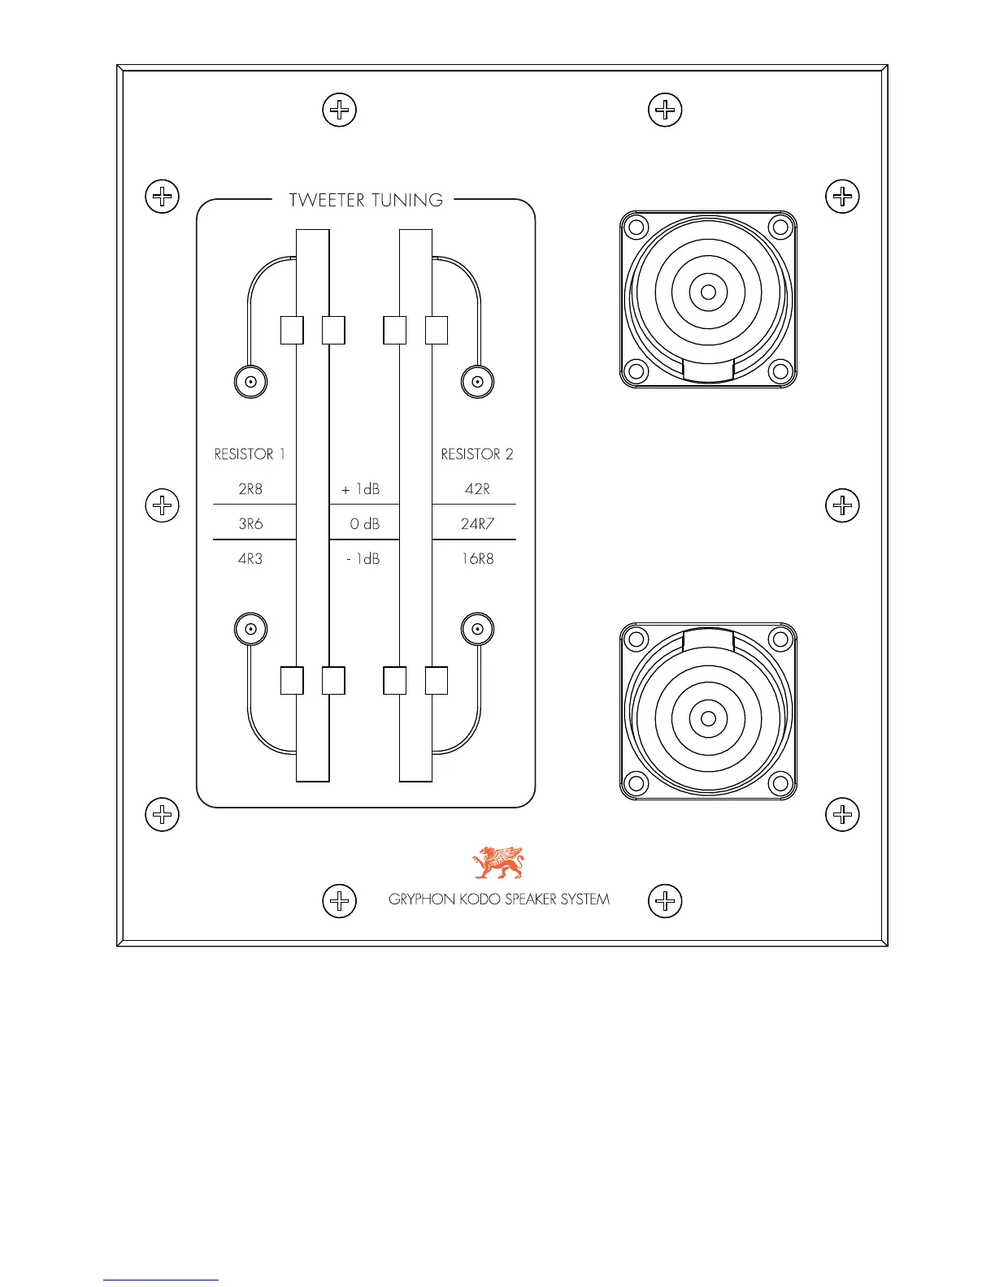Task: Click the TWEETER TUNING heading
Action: (366, 200)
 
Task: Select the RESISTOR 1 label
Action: (250, 454)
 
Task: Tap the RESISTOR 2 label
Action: (477, 454)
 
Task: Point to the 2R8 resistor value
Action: (250, 489)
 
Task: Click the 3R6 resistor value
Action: (250, 524)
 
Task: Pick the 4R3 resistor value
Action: (250, 559)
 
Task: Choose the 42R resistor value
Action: (477, 489)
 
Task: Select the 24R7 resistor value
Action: (477, 524)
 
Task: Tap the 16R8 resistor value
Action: (477, 559)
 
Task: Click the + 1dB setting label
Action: (361, 489)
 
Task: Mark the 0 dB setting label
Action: (365, 524)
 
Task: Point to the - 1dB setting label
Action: (363, 559)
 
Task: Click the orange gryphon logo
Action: (499, 863)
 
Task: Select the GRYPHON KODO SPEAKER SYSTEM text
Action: (499, 899)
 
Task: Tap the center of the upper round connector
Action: (708, 292)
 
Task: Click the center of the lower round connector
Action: (708, 718)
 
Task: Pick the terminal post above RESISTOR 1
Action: (250, 381)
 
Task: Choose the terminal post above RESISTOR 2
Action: (477, 381)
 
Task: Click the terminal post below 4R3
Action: (250, 629)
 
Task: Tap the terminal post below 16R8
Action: (477, 629)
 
